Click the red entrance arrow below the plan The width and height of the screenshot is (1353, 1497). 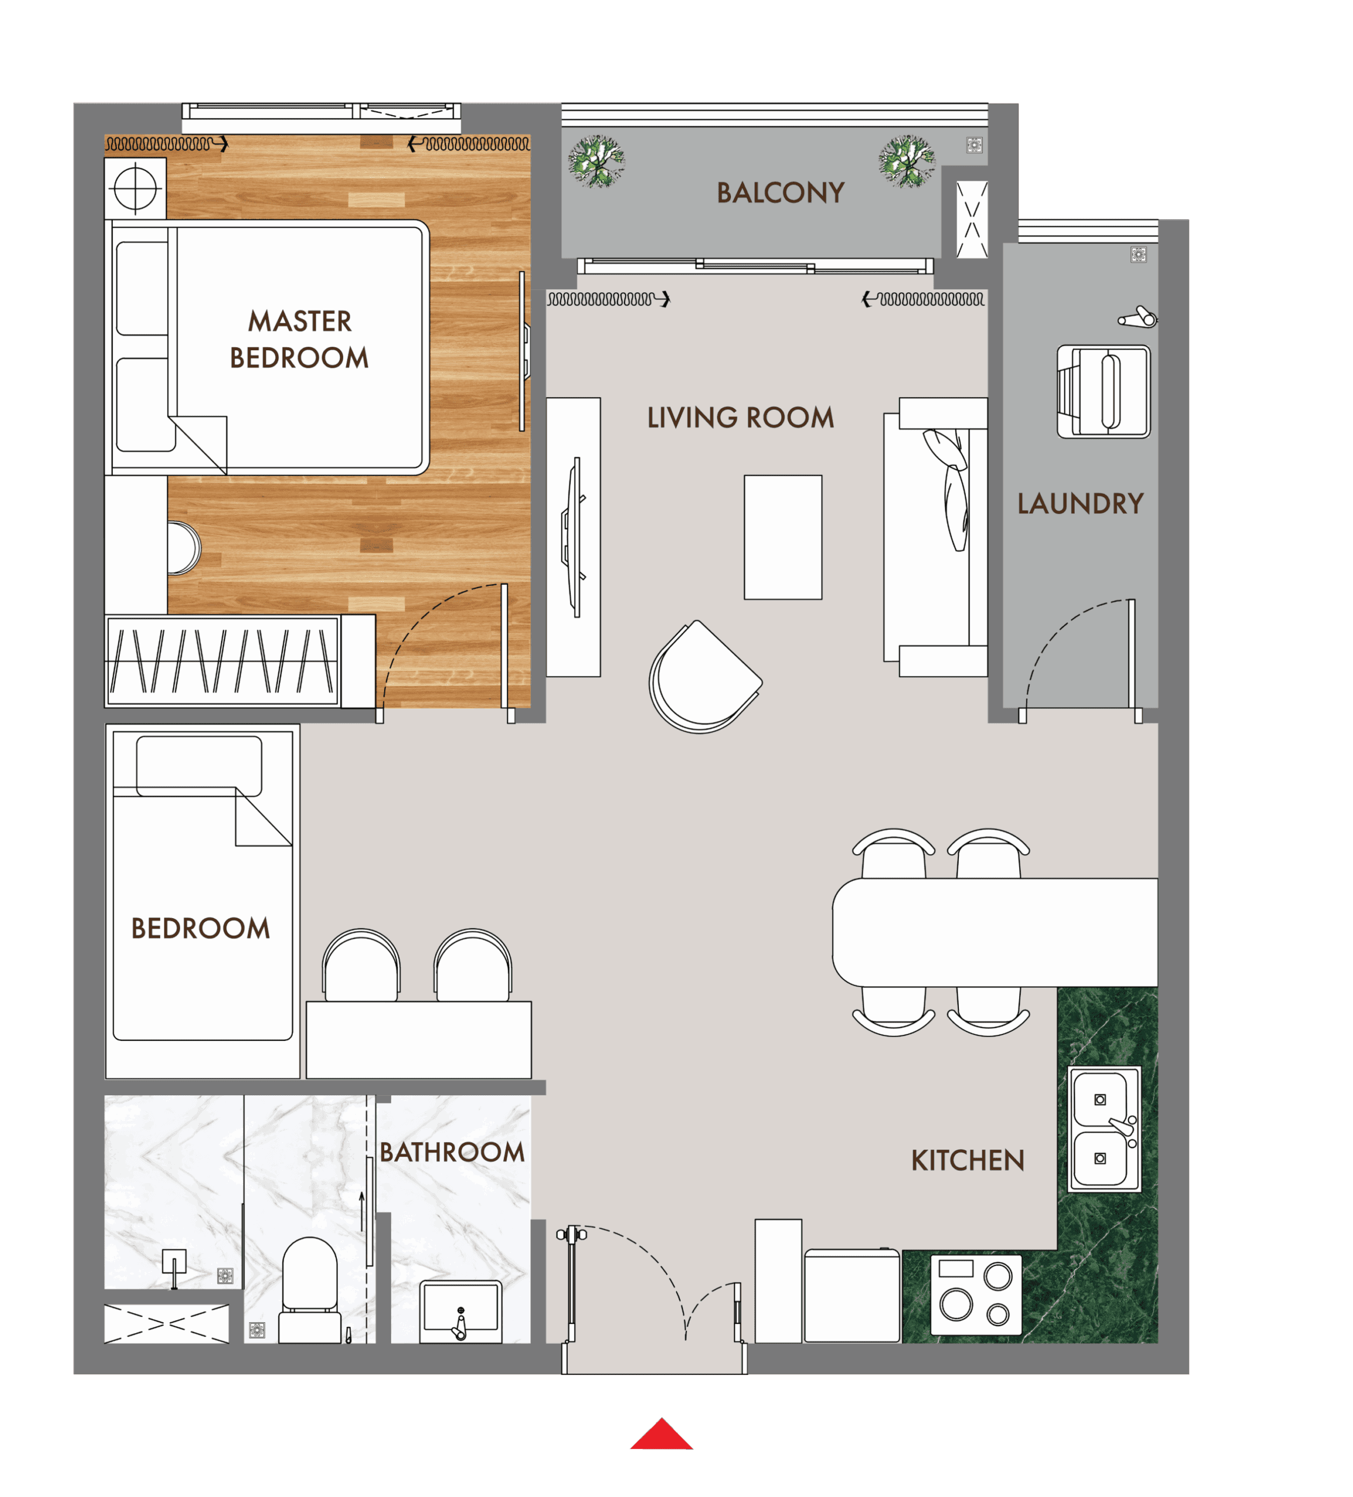(x=661, y=1436)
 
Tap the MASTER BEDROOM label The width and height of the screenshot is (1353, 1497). (x=299, y=339)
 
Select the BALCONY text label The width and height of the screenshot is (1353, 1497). (x=780, y=193)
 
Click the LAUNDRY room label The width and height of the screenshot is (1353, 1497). (x=1080, y=503)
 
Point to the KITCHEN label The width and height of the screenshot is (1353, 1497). (x=967, y=1161)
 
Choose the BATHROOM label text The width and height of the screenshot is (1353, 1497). (x=451, y=1153)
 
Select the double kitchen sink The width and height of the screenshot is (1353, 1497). (x=1103, y=1129)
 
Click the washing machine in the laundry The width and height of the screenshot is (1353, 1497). (x=1103, y=391)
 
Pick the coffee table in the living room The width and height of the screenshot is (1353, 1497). (x=783, y=537)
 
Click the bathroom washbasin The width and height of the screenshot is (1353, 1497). (x=460, y=1310)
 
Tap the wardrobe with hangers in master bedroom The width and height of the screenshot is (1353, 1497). (x=222, y=660)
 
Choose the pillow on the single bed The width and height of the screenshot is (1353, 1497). (x=199, y=765)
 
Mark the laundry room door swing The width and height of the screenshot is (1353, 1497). (x=1077, y=653)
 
